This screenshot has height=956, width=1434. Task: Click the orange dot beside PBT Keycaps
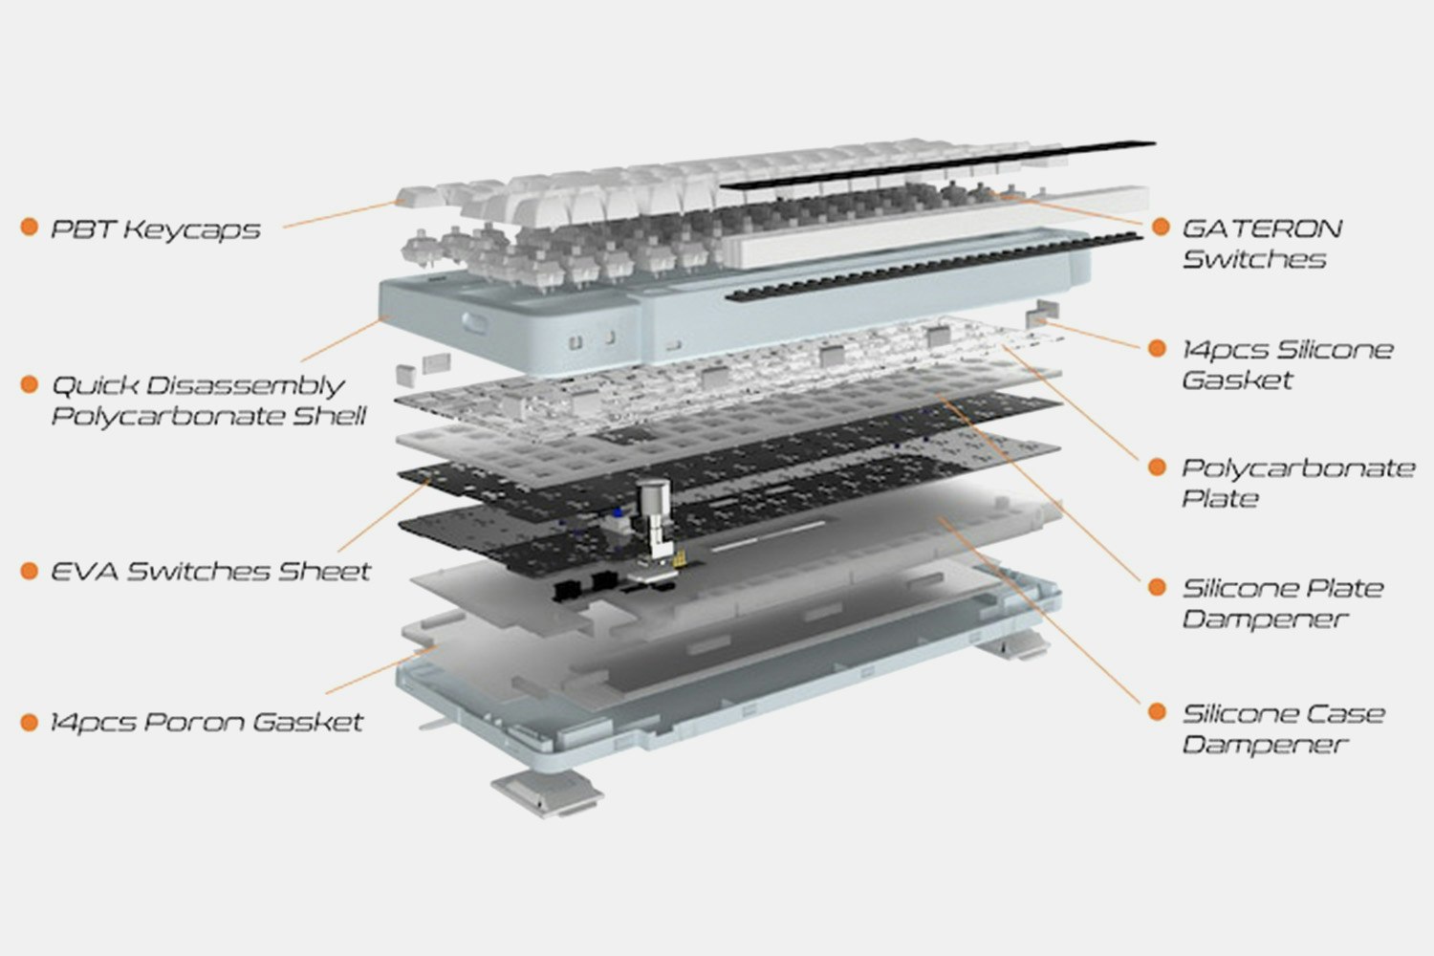(29, 227)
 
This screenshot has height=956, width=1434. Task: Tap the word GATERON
(1262, 228)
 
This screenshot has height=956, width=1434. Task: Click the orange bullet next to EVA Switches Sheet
(29, 571)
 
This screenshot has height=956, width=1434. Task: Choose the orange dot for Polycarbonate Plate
(1157, 467)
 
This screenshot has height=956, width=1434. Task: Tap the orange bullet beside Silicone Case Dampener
(1157, 711)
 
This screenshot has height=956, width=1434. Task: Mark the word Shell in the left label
(329, 416)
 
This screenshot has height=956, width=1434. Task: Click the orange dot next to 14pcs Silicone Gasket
(1157, 348)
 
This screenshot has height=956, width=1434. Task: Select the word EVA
(85, 571)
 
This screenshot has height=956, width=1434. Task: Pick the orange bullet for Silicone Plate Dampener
(1157, 587)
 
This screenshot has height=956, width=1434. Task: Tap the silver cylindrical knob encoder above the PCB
(653, 496)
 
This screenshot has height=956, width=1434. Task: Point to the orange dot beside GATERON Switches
(1161, 226)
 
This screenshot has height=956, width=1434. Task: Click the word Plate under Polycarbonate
(1220, 498)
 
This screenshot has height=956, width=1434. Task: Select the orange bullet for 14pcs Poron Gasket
(29, 722)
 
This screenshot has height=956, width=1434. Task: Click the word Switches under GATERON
(1254, 259)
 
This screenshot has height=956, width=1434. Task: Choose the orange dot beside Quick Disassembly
(29, 384)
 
